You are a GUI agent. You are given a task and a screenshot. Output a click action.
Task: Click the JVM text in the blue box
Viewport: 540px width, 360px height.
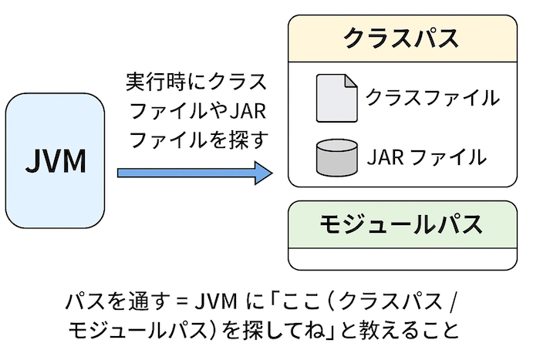[56, 160]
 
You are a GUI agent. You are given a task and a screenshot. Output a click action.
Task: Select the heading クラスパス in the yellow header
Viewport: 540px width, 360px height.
[401, 38]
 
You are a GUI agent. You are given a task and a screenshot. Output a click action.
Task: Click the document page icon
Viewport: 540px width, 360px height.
[337, 98]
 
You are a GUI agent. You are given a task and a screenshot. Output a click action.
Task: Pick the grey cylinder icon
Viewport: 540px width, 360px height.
[337, 157]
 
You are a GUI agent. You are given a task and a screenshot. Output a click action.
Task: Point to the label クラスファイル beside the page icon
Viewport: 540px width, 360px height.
[433, 97]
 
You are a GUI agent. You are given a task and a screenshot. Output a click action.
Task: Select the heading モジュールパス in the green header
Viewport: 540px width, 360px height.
[401, 224]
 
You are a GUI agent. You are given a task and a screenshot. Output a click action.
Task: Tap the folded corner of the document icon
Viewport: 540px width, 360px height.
[351, 81]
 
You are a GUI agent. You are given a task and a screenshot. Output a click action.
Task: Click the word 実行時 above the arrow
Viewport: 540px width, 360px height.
[156, 82]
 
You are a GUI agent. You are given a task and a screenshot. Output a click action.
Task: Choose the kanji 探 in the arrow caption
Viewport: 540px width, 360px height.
[234, 140]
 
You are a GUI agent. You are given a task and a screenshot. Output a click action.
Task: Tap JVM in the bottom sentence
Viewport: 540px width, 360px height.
[216, 302]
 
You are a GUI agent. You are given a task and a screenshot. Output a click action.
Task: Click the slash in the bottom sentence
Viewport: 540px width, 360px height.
[454, 302]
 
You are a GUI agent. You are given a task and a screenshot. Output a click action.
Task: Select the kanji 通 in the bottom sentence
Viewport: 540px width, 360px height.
[138, 302]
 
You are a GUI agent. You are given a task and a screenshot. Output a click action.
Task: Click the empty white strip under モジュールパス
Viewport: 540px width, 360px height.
[403, 259]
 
